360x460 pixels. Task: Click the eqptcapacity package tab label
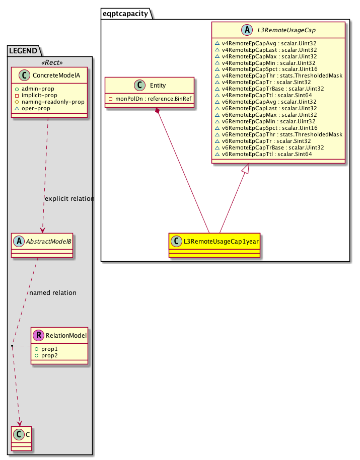coord(125,14)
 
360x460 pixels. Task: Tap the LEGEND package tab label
coord(23,51)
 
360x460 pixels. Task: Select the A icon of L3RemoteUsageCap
coord(247,30)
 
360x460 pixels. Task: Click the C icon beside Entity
coord(139,85)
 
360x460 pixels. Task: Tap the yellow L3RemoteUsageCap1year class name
coord(221,242)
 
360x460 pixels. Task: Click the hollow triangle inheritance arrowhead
coord(246,169)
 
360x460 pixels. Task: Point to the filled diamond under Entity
coord(158,111)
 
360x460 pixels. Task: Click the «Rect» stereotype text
coord(52,62)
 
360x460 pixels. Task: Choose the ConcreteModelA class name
coord(56,75)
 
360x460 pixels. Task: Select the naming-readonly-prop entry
coord(53,102)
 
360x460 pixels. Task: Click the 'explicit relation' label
coord(69,199)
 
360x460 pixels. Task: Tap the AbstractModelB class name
coord(48,242)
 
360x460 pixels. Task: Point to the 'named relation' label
coord(53,293)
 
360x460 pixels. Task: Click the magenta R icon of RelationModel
coord(38,335)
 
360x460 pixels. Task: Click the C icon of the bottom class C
coord(19,434)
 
